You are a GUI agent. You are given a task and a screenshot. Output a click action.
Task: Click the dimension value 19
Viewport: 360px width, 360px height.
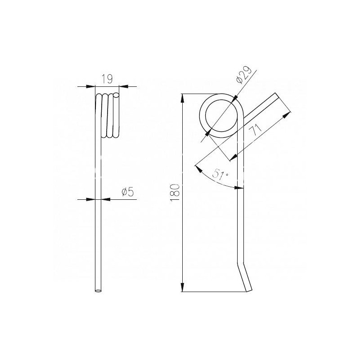(107, 79)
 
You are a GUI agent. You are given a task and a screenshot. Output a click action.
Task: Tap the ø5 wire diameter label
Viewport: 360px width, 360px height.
(128, 192)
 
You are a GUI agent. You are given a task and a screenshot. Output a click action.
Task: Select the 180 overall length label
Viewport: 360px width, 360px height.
(175, 193)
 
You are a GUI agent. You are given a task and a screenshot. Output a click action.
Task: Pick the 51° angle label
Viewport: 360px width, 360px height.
(220, 174)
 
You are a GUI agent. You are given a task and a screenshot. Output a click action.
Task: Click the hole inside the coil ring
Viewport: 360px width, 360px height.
(221, 116)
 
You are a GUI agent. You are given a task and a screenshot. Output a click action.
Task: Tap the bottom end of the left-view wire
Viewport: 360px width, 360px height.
(98, 291)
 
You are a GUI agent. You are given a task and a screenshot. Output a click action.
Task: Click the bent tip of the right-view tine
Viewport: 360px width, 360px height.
(249, 291)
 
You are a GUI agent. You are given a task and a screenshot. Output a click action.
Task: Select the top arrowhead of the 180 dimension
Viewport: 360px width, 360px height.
(183, 98)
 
